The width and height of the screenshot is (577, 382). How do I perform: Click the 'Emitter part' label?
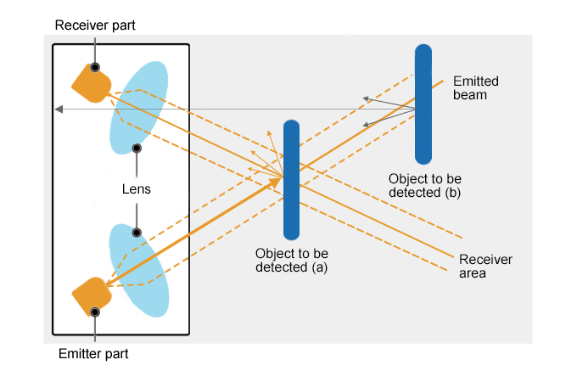(93, 353)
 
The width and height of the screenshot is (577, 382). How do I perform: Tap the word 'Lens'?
(136, 189)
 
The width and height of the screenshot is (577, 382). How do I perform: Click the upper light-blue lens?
(140, 106)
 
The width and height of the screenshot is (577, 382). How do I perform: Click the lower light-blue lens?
(139, 270)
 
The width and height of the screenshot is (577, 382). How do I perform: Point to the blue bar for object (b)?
(423, 104)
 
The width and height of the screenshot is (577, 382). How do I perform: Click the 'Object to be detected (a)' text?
(291, 260)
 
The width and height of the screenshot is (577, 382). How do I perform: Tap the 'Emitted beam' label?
(475, 88)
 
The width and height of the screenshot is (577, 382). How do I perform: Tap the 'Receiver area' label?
(485, 267)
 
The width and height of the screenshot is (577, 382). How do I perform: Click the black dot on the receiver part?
(96, 67)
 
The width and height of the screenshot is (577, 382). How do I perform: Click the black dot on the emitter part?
(96, 312)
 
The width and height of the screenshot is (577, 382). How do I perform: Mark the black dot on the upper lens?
(136, 148)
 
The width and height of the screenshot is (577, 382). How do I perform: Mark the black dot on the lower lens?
(136, 232)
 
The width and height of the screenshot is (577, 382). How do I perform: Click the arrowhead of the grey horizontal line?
(58, 109)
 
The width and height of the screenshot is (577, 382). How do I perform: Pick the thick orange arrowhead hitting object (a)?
(277, 180)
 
